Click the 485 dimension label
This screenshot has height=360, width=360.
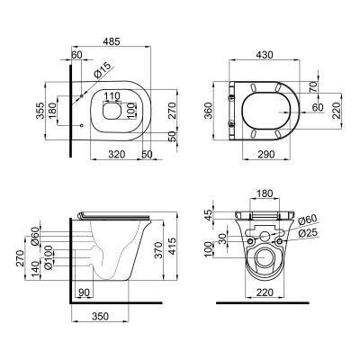click(111, 41)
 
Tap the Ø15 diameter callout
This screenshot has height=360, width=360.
click(103, 70)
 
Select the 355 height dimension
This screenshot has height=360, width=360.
click(40, 111)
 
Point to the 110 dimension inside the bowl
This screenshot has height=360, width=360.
click(112, 96)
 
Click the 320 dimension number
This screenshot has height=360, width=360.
click(116, 154)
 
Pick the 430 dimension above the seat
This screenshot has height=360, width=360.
click(265, 55)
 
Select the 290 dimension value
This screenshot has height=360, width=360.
click(266, 154)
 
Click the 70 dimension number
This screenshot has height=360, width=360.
click(313, 87)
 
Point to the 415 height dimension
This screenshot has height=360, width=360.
click(172, 246)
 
